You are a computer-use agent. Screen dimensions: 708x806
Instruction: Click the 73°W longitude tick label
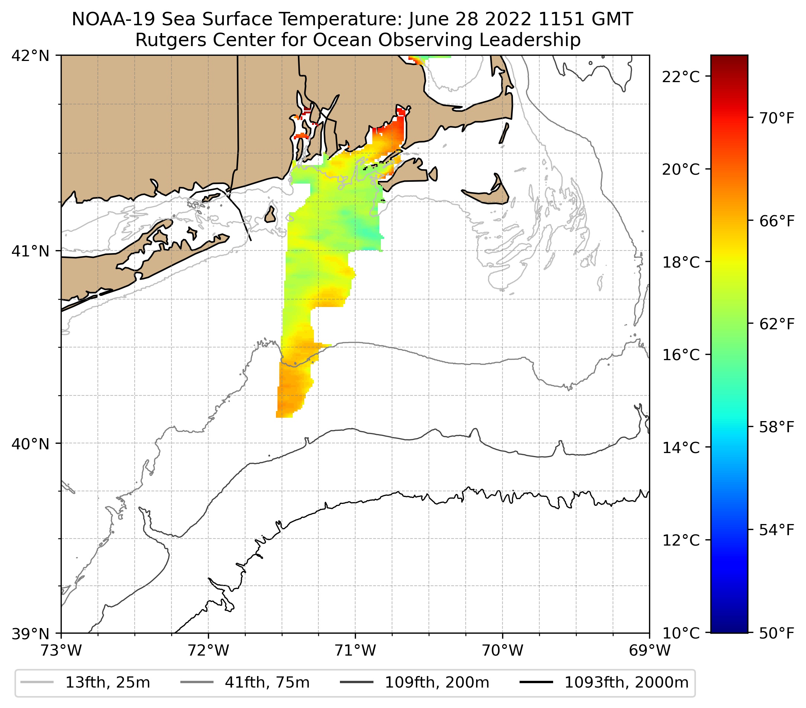pyautogui.click(x=61, y=650)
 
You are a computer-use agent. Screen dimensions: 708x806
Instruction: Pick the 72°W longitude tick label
pyautogui.click(x=208, y=650)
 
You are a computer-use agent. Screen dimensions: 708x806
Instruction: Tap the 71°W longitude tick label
pyautogui.click(x=355, y=650)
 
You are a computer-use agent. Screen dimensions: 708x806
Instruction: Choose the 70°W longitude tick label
pyautogui.click(x=503, y=650)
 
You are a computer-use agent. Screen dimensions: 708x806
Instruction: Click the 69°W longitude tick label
pyautogui.click(x=649, y=650)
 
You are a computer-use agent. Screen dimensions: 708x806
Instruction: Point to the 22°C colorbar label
pyautogui.click(x=681, y=77)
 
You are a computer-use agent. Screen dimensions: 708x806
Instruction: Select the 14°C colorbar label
pyautogui.click(x=681, y=447)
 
